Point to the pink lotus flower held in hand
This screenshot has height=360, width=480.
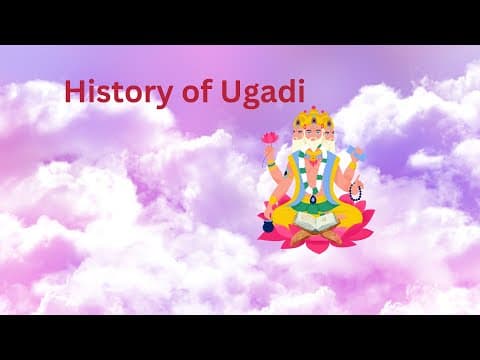point(269,137)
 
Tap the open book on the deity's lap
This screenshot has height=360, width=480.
point(315,229)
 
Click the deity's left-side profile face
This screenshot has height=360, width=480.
point(296,139)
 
